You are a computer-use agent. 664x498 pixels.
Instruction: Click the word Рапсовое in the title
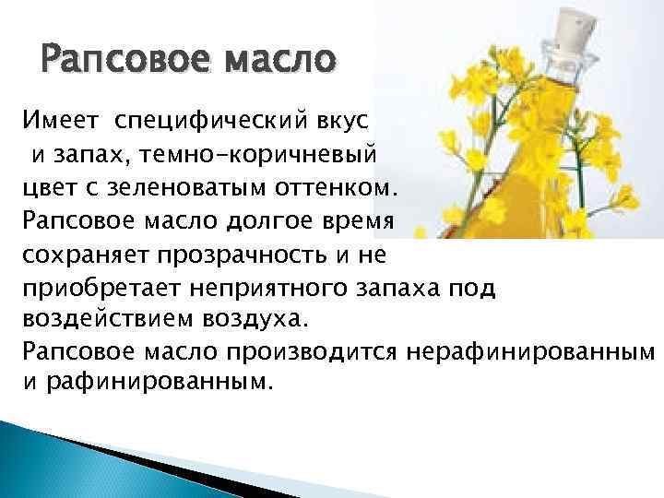click(125, 58)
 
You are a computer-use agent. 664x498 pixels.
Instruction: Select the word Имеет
click(60, 120)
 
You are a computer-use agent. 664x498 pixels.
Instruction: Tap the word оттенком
click(337, 188)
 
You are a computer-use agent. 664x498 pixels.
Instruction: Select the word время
click(358, 221)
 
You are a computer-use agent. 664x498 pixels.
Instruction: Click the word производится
click(312, 352)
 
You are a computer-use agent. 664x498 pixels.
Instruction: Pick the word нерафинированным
click(530, 352)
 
